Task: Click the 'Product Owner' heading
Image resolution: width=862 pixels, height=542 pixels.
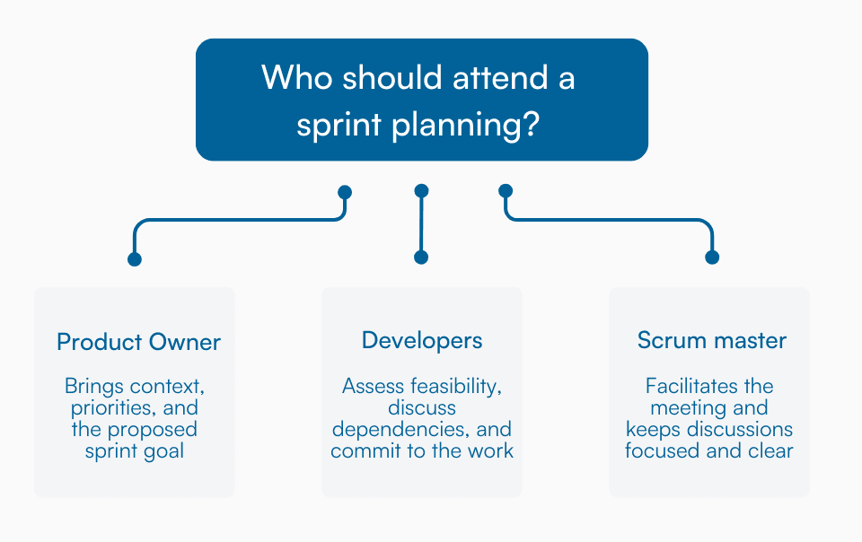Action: [x=138, y=342]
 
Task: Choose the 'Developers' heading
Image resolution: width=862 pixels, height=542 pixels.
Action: [x=422, y=341]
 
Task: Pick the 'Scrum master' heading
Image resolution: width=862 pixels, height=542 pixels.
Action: [x=712, y=341]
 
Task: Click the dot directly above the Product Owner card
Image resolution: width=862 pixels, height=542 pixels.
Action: [x=135, y=259]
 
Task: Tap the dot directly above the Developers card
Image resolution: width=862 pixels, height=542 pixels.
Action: [x=421, y=258]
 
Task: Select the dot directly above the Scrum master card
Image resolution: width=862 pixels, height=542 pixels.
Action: [x=712, y=258]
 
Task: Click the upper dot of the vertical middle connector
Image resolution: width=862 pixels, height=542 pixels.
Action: [x=422, y=191]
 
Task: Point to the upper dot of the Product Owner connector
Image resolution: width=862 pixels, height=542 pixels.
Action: [x=344, y=192]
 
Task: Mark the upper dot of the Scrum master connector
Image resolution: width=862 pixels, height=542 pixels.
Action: [x=506, y=191]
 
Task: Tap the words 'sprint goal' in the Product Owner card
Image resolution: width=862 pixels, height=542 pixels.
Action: [x=135, y=450]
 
